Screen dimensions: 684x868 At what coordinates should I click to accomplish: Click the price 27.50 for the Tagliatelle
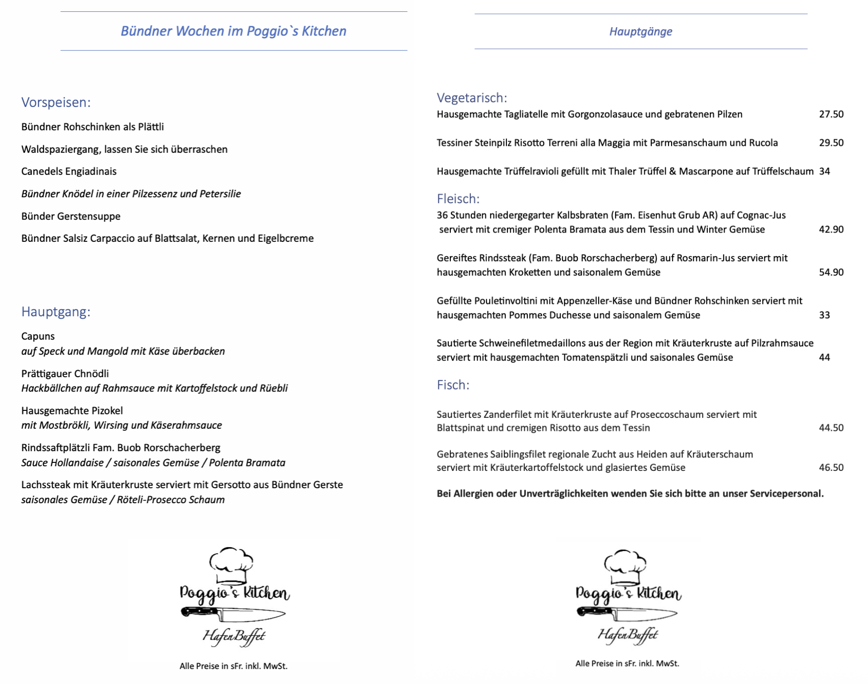tap(831, 114)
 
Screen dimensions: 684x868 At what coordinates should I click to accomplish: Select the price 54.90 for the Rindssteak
tap(831, 272)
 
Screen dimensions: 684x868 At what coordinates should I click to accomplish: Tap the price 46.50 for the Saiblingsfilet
tap(831, 467)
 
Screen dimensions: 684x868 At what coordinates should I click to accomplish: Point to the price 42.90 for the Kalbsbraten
tap(831, 229)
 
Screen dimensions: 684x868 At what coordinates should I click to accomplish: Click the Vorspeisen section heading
tap(56, 103)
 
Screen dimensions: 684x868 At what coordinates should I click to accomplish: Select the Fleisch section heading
tap(458, 199)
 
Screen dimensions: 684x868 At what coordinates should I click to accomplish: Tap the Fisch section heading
tap(453, 385)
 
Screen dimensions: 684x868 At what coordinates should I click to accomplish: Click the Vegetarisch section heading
tap(472, 98)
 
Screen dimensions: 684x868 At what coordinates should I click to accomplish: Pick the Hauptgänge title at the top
tap(640, 32)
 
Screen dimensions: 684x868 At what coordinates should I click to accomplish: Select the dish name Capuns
tap(38, 337)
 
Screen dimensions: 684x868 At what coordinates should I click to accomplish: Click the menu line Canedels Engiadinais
tap(69, 171)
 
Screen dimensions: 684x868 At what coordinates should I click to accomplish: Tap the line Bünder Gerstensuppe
tap(71, 217)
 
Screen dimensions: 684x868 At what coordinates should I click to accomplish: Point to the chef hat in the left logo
tap(231, 565)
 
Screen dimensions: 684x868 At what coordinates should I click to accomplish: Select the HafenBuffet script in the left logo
tap(234, 636)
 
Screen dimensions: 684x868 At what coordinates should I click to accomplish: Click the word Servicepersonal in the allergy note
tap(786, 494)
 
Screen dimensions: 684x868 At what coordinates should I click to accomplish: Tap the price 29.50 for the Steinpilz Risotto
tap(831, 143)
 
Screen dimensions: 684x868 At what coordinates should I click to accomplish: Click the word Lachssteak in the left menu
tap(46, 485)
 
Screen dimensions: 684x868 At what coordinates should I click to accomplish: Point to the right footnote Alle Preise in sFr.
tap(627, 664)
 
